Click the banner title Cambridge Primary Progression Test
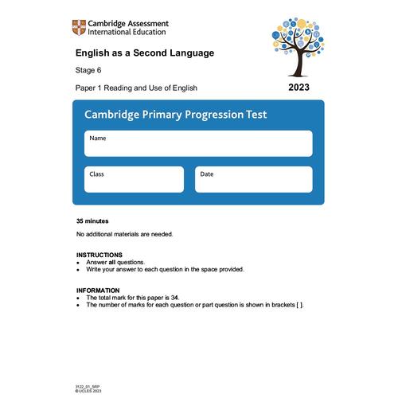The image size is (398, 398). coord(175,115)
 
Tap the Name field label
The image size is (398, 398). coord(97,138)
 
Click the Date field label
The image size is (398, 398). coord(206,174)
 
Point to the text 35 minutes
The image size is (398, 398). coord(92,221)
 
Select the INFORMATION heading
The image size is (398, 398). coord(98,290)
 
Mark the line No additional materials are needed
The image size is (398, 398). coord(124,234)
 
